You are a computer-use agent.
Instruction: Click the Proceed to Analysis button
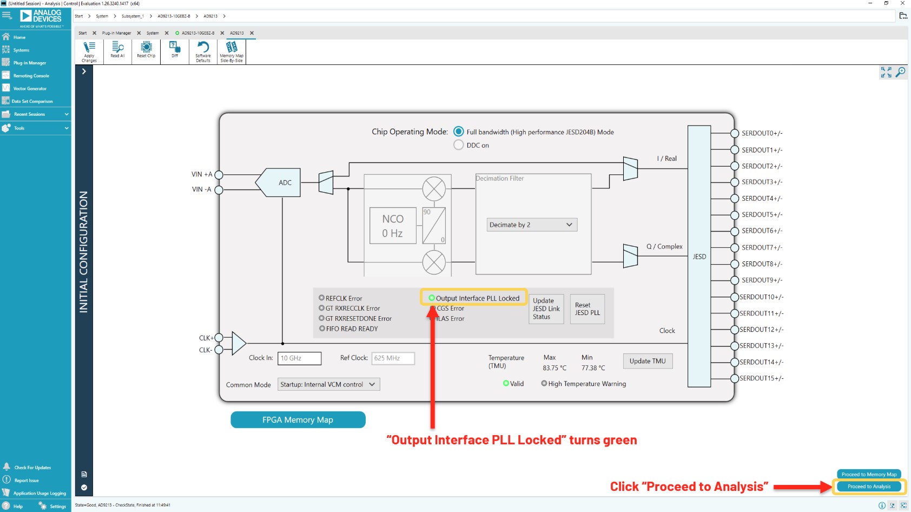click(869, 487)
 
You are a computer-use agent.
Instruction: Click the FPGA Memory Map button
click(298, 419)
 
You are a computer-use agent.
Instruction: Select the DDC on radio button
click(459, 145)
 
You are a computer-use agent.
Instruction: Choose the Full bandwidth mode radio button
click(459, 132)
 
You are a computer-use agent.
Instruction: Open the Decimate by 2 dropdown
click(532, 225)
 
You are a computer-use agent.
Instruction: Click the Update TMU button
click(648, 361)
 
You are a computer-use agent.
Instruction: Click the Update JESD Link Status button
click(546, 309)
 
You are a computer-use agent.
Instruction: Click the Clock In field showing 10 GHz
click(299, 358)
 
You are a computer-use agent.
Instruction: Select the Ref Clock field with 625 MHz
click(393, 358)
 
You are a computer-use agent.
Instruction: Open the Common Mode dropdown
click(328, 384)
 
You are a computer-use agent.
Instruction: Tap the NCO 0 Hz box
click(393, 226)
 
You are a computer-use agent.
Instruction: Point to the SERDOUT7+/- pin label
click(762, 247)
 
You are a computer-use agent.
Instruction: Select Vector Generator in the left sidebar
click(30, 88)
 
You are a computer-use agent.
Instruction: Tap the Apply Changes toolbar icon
click(89, 51)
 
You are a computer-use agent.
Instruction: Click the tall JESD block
click(699, 256)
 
